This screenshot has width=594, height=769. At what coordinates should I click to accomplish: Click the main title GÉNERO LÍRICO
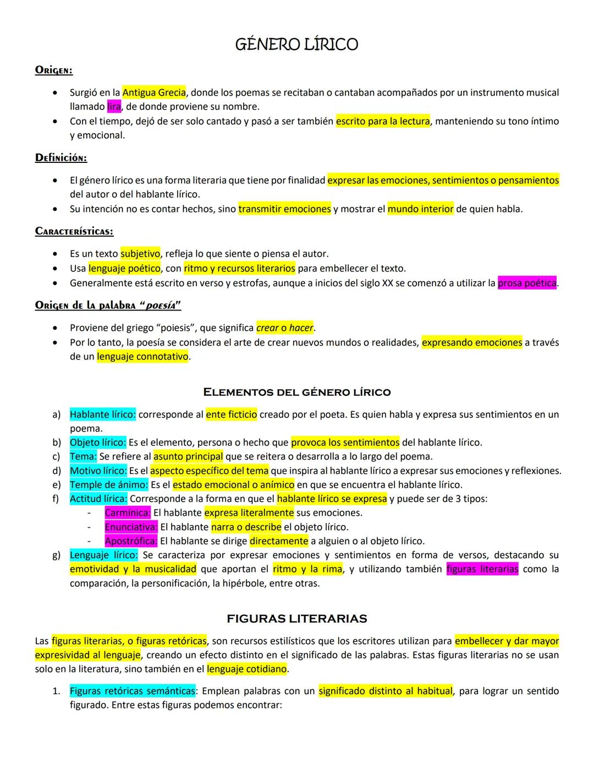pyautogui.click(x=296, y=45)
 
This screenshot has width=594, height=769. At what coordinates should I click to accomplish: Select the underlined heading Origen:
pyautogui.click(x=54, y=70)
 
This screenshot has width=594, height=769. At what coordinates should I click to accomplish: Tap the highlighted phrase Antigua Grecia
pyautogui.click(x=154, y=92)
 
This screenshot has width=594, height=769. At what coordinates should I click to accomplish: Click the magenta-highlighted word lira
pyautogui.click(x=114, y=106)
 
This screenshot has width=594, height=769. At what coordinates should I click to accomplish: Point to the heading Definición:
pyautogui.click(x=61, y=158)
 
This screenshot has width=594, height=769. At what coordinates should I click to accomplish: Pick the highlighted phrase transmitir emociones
pyautogui.click(x=284, y=209)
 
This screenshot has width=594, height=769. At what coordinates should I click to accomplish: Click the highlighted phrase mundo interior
pyautogui.click(x=421, y=209)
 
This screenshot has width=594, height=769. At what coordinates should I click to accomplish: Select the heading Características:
pyautogui.click(x=74, y=231)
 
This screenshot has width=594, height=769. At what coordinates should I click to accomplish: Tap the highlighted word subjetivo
pyautogui.click(x=140, y=254)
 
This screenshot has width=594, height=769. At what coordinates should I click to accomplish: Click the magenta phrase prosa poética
pyautogui.click(x=527, y=283)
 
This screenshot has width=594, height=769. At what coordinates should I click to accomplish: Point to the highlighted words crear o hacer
pyautogui.click(x=285, y=328)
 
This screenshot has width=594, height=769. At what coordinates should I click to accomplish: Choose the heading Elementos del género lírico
pyautogui.click(x=297, y=392)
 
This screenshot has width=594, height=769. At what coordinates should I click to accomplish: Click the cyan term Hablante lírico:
pyautogui.click(x=102, y=415)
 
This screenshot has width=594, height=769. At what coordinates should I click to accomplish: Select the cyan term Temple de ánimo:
pyautogui.click(x=109, y=485)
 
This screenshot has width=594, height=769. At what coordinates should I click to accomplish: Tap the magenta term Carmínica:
pyautogui.click(x=128, y=513)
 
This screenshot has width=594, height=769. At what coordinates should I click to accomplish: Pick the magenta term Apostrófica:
pyautogui.click(x=131, y=541)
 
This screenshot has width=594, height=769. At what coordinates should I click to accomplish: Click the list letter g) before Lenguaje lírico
pyautogui.click(x=56, y=555)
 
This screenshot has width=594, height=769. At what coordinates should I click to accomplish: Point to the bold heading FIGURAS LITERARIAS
pyautogui.click(x=297, y=619)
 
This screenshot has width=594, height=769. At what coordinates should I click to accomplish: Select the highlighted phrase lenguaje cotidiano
pyautogui.click(x=247, y=669)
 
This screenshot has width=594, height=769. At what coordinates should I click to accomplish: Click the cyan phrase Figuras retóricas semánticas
pyautogui.click(x=132, y=691)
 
